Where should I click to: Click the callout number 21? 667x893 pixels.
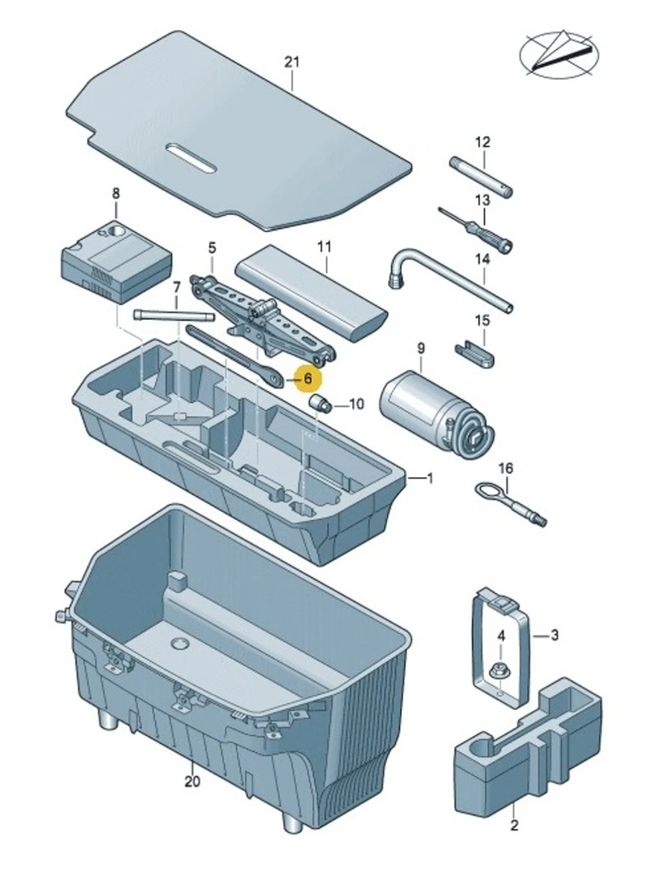click(x=292, y=63)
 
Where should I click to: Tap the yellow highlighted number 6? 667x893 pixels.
click(x=307, y=379)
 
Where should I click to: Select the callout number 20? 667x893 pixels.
click(x=192, y=781)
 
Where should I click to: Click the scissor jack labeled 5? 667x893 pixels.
click(x=261, y=316)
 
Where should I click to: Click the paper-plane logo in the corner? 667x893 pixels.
click(x=561, y=54)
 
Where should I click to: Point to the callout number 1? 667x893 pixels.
click(x=430, y=478)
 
